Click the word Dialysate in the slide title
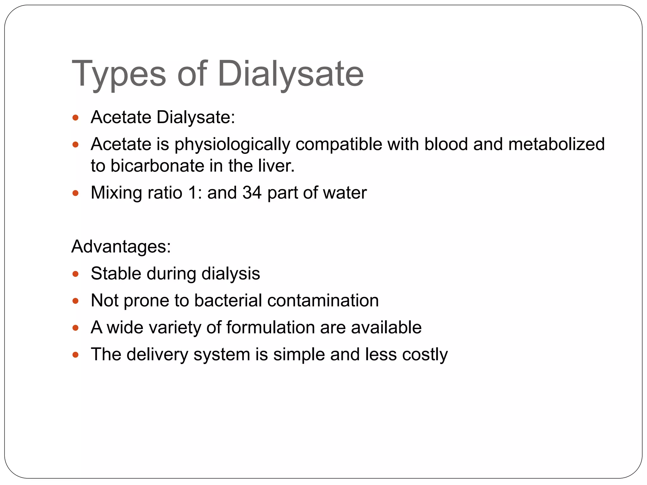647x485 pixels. [291, 74]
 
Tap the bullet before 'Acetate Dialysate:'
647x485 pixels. [75, 118]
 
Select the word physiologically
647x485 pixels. [232, 144]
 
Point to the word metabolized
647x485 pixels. [556, 144]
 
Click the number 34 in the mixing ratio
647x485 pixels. [252, 193]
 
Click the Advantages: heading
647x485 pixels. [121, 246]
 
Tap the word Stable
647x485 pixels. [116, 273]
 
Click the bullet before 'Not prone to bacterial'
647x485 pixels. [75, 301]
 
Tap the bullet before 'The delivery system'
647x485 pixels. [75, 355]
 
